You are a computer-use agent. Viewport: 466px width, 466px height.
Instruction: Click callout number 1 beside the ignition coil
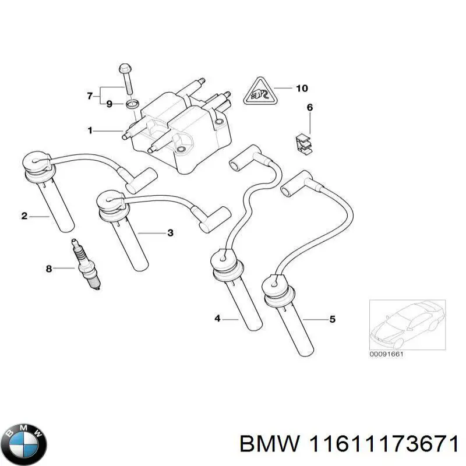90,131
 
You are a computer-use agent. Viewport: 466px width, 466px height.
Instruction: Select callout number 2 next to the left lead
24,217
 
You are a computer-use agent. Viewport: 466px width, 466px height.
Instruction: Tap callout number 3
170,233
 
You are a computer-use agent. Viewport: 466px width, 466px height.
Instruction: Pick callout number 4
217,318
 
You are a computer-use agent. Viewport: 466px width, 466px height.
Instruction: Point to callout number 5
333,319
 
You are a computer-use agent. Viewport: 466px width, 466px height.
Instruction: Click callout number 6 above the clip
310,107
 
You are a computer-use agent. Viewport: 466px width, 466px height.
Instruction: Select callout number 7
90,96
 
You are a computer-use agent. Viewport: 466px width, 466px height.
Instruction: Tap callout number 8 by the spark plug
49,269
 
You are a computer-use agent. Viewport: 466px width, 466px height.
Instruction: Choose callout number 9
109,104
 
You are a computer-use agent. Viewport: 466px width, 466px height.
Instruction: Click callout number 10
301,89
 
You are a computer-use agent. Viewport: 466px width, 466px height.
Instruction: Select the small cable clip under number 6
302,143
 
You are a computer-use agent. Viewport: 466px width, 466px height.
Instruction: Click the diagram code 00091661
387,354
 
